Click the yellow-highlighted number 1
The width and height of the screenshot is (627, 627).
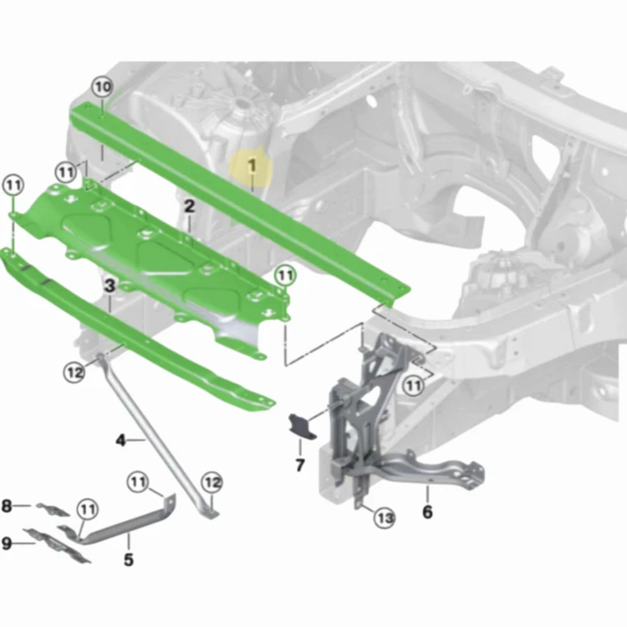point(252,166)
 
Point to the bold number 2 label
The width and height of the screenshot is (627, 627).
point(189,206)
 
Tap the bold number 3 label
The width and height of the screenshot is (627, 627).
point(110,286)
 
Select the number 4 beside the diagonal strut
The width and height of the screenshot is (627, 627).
point(120,441)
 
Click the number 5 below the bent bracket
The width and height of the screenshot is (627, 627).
point(129,560)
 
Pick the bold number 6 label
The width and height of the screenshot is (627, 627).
point(427,512)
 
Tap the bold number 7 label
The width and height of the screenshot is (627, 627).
point(300,465)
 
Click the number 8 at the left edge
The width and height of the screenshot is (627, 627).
point(7,506)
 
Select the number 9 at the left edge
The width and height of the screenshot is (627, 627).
point(7,543)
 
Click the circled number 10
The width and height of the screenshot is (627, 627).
point(102,87)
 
